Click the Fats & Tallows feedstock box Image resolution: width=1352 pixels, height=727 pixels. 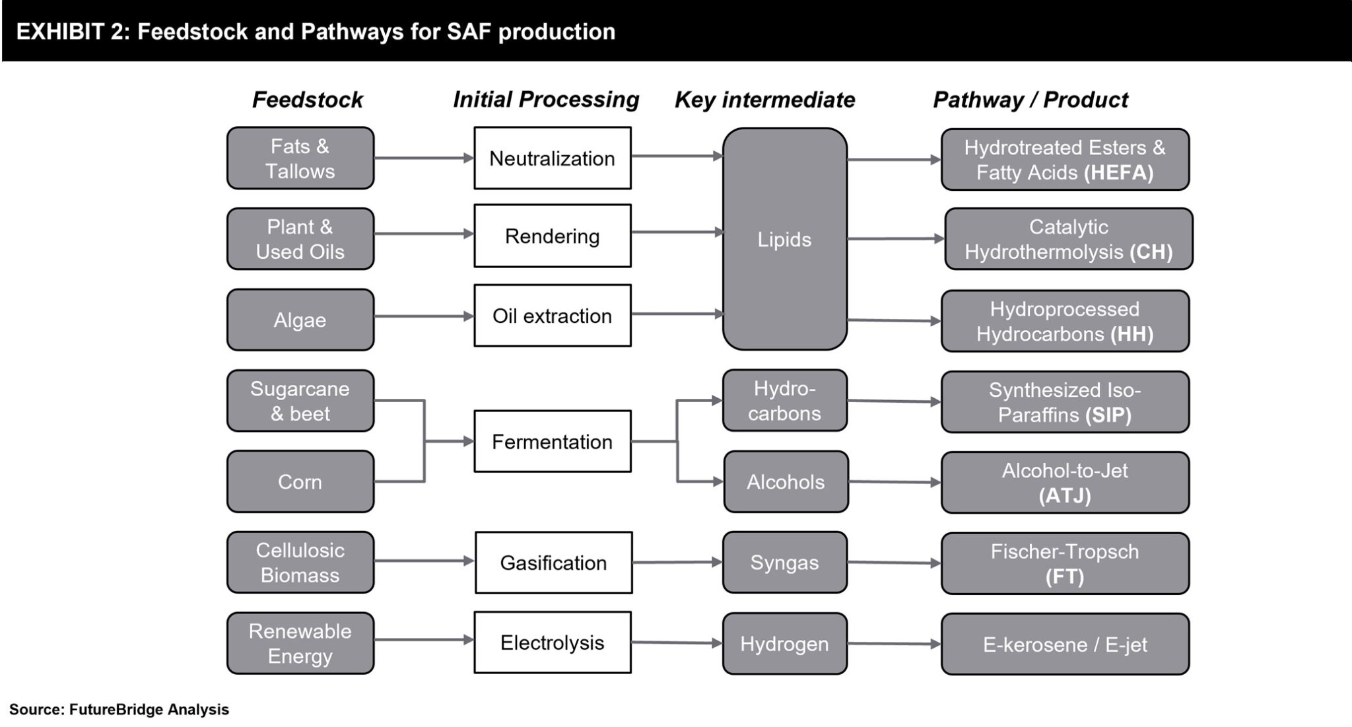click(300, 158)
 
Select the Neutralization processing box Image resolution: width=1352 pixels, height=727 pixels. click(552, 158)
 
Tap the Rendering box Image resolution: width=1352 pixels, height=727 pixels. click(552, 236)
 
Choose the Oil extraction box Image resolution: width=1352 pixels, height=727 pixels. click(552, 316)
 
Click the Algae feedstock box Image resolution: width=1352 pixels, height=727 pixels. click(300, 320)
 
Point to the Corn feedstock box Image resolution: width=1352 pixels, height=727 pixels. click(300, 481)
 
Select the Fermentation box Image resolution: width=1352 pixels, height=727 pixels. click(552, 441)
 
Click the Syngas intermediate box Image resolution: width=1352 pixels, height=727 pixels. click(784, 563)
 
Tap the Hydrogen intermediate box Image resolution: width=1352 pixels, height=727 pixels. click(784, 644)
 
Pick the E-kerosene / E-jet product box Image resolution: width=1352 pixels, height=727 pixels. click(1065, 644)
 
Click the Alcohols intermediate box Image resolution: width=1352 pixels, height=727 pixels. click(786, 482)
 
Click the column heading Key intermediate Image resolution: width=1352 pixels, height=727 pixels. click(764, 100)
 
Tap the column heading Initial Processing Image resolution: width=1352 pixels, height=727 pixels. click(546, 100)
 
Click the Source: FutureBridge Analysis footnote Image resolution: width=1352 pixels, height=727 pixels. click(119, 710)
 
